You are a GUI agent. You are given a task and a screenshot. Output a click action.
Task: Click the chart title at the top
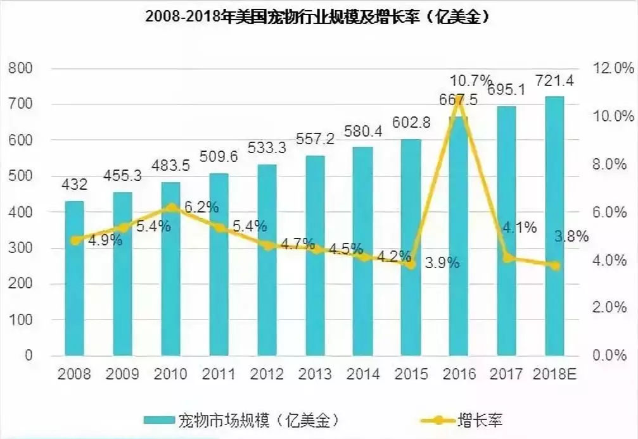click(x=319, y=18)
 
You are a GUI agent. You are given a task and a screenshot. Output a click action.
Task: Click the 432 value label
click(x=75, y=185)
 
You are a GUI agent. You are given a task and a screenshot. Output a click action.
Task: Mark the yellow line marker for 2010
click(x=171, y=207)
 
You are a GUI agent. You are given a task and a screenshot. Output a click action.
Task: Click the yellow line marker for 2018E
click(x=555, y=266)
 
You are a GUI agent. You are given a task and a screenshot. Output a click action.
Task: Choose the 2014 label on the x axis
click(x=362, y=374)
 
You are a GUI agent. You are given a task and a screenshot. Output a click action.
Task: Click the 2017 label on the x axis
click(x=507, y=374)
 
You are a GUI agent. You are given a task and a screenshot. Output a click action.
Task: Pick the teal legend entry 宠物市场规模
click(x=241, y=419)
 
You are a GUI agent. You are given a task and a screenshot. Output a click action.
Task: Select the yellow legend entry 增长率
click(x=462, y=419)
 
